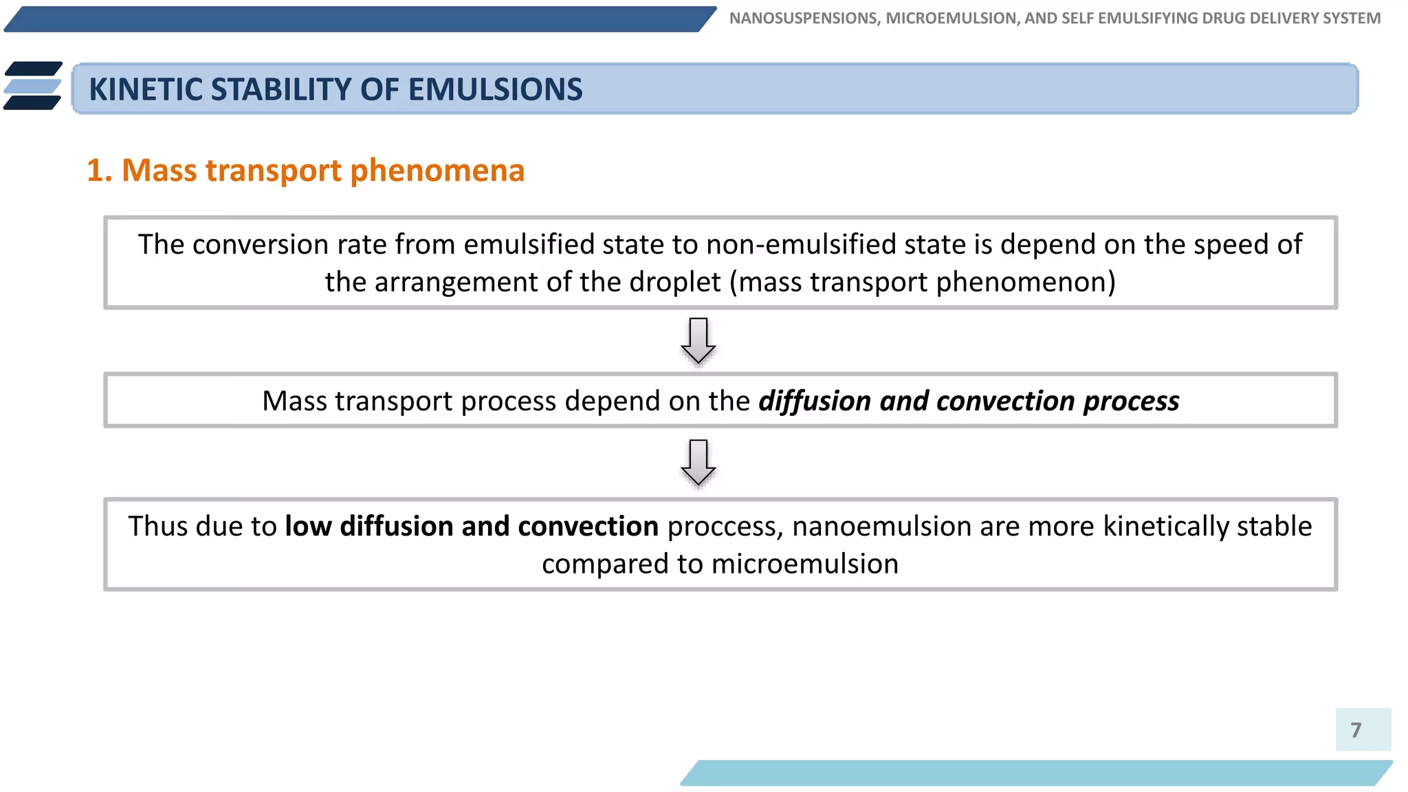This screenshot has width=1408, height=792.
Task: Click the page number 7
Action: point(1355,729)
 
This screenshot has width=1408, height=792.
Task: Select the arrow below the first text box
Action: point(698,340)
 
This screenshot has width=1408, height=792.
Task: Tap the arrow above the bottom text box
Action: point(698,463)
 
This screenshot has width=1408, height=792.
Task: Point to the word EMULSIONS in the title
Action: point(495,90)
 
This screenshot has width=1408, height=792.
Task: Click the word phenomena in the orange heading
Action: point(437,170)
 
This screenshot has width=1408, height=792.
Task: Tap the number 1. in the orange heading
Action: point(100,170)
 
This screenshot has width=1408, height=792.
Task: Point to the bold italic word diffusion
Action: point(815,401)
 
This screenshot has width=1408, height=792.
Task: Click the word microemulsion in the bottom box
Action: point(804,564)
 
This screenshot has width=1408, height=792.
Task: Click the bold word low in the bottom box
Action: point(308,527)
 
